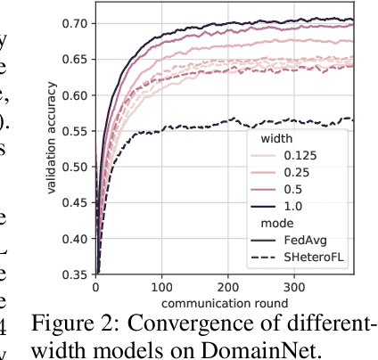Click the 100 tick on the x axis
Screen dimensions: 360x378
tap(162, 288)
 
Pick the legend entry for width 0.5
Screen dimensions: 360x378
tap(295, 190)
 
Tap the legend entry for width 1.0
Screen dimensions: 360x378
tap(295, 207)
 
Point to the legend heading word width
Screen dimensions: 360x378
tap(275, 139)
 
